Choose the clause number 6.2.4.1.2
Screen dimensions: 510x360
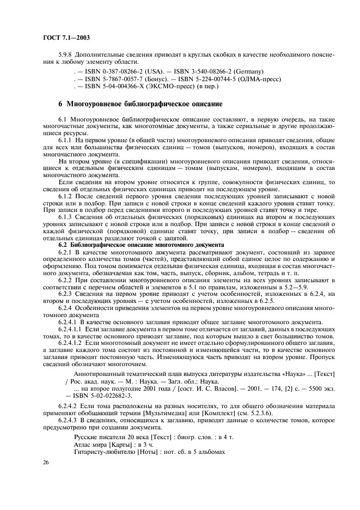click(x=70, y=344)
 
